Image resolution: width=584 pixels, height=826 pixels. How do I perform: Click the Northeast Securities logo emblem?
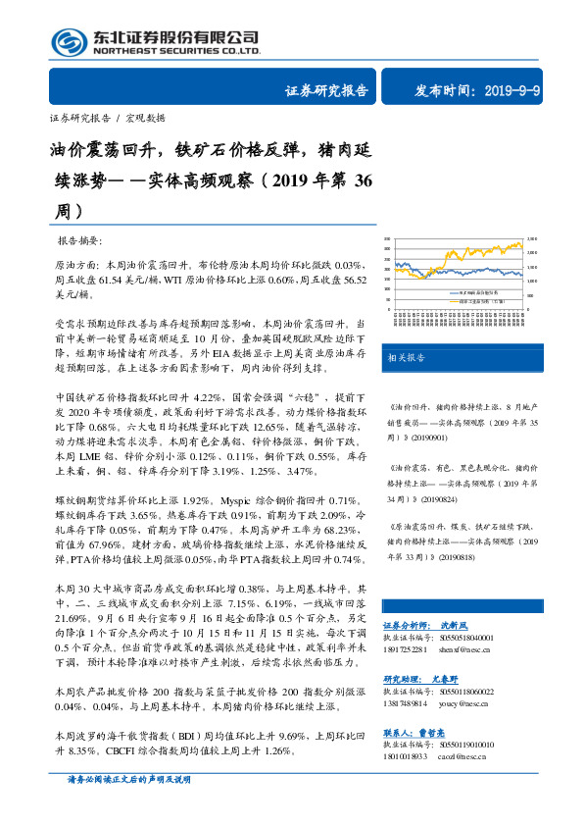click(68, 41)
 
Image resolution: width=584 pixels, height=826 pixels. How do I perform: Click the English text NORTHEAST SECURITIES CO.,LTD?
click(176, 51)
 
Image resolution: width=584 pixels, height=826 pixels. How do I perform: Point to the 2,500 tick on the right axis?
click(532, 238)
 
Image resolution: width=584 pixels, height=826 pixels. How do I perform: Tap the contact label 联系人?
click(399, 733)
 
